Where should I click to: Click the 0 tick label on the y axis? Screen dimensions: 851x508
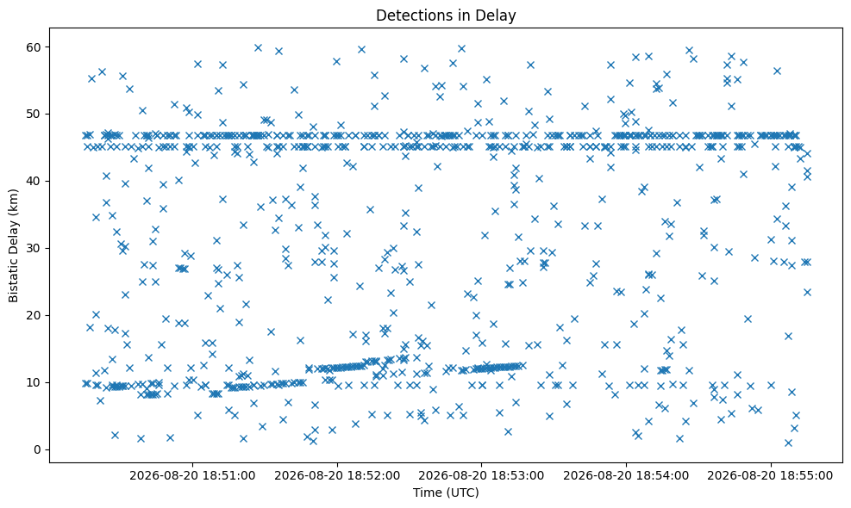point(37,449)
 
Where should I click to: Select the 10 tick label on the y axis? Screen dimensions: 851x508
point(34,382)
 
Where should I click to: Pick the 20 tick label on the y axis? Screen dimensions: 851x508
point(34,315)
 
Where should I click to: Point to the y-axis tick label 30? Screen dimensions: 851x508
point(34,248)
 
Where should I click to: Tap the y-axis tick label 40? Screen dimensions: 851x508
point(34,181)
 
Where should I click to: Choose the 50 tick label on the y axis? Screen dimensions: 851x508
point(34,114)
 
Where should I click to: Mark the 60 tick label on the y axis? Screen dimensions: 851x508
point(34,47)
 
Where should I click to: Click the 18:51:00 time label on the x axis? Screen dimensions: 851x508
point(192,475)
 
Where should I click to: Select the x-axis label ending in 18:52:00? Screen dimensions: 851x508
point(337,475)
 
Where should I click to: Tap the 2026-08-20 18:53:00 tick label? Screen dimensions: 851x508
point(481,475)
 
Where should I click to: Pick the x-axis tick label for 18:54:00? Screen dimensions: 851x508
point(626,475)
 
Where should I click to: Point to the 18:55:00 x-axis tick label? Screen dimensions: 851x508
point(771,475)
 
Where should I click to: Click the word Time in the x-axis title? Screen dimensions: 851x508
point(427,493)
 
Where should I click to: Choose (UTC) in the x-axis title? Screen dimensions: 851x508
point(461,493)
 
